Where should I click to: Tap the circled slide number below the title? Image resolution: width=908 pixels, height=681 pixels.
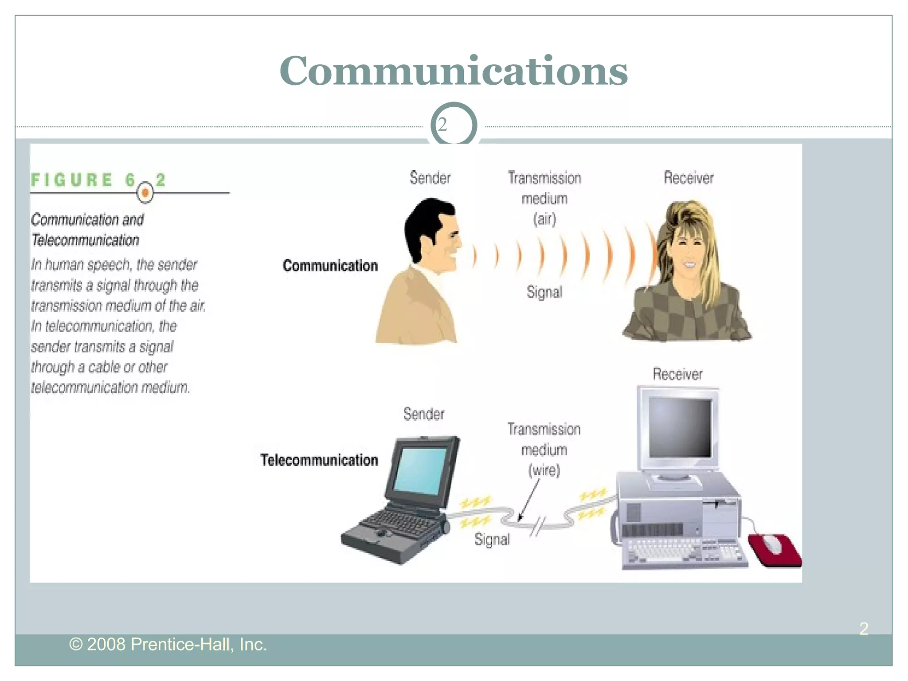[453, 125]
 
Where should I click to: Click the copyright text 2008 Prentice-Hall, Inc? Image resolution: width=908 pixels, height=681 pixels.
[168, 644]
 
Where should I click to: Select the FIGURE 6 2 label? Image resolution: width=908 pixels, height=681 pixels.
[98, 180]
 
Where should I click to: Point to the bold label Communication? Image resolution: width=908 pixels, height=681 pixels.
[330, 266]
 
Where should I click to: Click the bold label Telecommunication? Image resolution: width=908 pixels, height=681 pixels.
[319, 460]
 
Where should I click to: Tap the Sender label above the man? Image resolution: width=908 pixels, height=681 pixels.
[430, 178]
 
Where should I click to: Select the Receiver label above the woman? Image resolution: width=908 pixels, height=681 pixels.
[688, 178]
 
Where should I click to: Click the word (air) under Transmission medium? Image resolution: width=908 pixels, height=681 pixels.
[544, 219]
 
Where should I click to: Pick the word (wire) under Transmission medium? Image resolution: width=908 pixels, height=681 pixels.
[544, 470]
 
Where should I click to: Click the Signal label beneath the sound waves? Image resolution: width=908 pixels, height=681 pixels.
[544, 292]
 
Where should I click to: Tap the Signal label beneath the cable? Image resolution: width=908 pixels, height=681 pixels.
[492, 540]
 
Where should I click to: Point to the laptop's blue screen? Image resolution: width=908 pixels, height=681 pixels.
[420, 470]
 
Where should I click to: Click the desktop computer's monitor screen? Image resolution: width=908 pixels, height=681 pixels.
[680, 427]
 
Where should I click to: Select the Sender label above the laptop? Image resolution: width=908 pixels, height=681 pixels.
[423, 414]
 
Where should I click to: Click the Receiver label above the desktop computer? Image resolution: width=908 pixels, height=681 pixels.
[677, 374]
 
